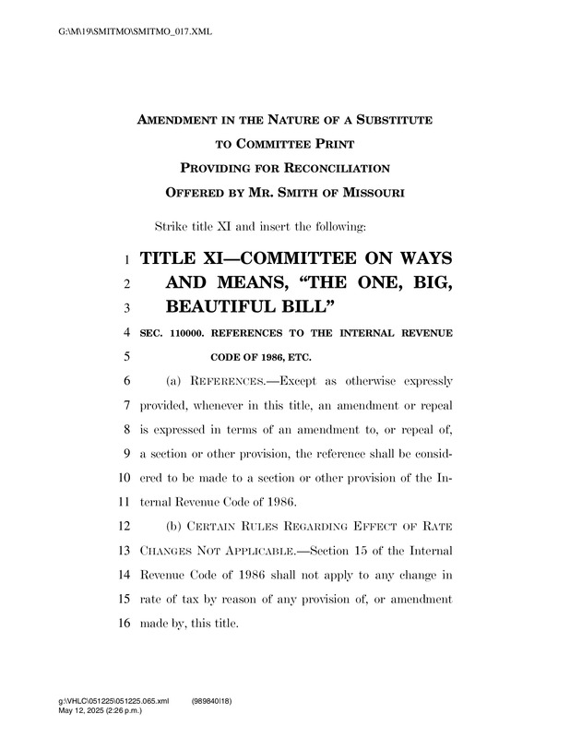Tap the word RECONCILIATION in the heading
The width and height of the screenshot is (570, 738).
pyautogui.click(x=325, y=168)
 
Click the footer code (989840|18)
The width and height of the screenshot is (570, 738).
pyautogui.click(x=212, y=702)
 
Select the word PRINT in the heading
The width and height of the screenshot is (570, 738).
pyautogui.click(x=331, y=144)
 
